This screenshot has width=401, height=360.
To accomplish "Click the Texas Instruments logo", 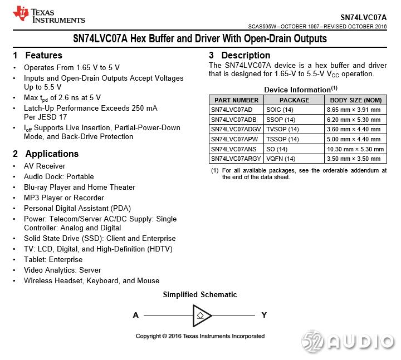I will coord(49,15).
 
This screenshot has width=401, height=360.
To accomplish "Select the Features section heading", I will coord(38,55).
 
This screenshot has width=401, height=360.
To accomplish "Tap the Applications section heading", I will coord(46,154).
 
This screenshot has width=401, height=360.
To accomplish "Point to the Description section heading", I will coord(239,55).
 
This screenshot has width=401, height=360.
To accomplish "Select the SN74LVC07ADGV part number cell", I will coord(236,129).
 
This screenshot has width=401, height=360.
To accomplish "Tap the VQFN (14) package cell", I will coord(281,159).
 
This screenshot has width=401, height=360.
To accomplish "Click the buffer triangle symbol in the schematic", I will coord(202,315).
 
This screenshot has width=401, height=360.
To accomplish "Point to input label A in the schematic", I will coord(136,315).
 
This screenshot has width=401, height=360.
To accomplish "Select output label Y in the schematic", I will coord(264,315).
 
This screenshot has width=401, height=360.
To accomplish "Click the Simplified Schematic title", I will coord(200,294).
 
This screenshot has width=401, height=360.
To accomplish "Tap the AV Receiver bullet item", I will coord(45,166).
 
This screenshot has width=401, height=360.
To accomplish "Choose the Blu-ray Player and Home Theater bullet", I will coord(79,187).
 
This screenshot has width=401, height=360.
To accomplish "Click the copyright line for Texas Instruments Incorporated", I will coord(200,336).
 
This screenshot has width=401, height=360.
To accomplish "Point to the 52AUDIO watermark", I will coord(348,341).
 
